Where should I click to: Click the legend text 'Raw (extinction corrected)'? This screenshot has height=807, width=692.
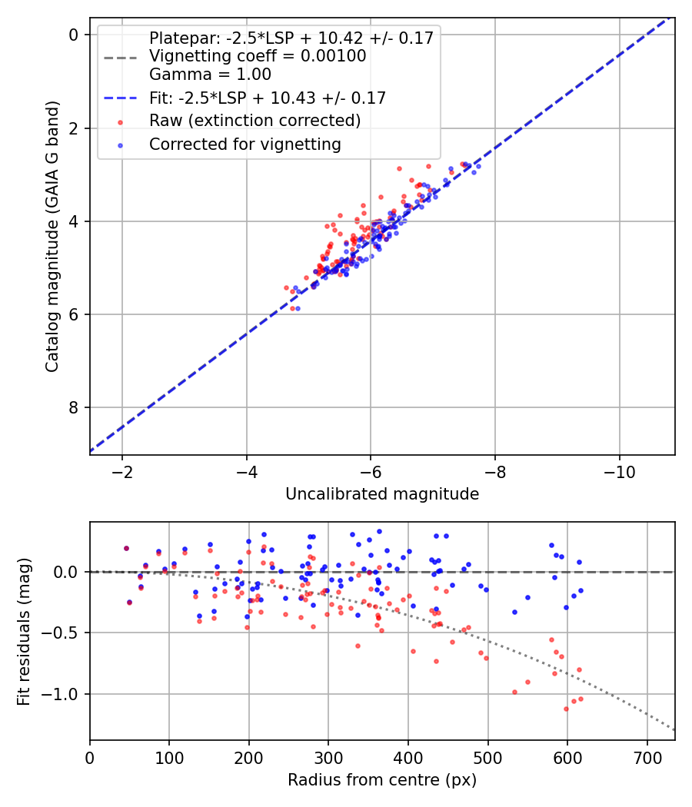click(255, 121)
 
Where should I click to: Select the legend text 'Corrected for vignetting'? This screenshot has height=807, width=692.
click(245, 144)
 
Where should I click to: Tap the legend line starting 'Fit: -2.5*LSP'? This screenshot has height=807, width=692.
click(268, 98)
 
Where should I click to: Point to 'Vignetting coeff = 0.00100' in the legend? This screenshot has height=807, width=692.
click(258, 56)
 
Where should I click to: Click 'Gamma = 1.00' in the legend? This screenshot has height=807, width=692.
click(210, 75)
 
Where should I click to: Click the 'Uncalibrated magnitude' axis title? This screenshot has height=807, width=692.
click(382, 494)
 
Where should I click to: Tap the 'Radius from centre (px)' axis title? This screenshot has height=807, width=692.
click(382, 780)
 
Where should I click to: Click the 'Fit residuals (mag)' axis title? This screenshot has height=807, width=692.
click(25, 632)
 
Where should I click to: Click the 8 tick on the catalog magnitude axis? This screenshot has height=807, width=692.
click(74, 407)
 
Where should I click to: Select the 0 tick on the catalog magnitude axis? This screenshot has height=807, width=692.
click(74, 35)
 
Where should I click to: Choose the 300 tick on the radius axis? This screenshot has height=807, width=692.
click(328, 757)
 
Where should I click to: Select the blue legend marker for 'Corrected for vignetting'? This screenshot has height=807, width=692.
click(119, 144)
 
